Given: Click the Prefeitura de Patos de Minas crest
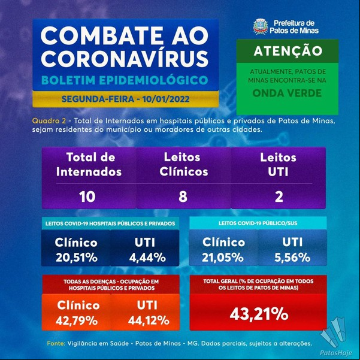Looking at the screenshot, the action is click(261, 26).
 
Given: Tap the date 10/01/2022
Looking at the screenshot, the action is click(166, 99).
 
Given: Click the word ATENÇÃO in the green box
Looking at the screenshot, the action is click(288, 51).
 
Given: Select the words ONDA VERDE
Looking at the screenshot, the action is click(287, 93).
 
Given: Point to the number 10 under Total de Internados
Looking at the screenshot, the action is click(87, 196).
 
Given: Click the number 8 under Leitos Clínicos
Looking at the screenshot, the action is click(183, 196).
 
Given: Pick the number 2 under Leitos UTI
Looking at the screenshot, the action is click(279, 196).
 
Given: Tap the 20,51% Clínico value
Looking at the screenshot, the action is click(77, 258).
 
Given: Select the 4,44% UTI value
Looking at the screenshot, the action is click(147, 258).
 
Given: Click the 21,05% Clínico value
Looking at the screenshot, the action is click(223, 258).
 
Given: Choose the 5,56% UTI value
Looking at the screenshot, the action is click(292, 258).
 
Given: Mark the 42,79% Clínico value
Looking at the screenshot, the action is click(77, 320).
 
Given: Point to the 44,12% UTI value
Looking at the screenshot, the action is click(149, 320).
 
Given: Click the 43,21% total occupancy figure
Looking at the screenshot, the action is click(259, 314).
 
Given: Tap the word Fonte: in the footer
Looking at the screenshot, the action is click(56, 343).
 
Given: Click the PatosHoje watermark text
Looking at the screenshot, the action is click(336, 353).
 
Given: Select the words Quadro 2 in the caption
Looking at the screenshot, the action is click(49, 121).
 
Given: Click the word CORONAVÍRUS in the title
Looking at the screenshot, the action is click(124, 58).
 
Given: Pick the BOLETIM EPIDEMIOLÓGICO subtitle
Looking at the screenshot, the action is click(125, 80).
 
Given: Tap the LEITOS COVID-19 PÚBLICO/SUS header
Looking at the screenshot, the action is click(258, 223).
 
